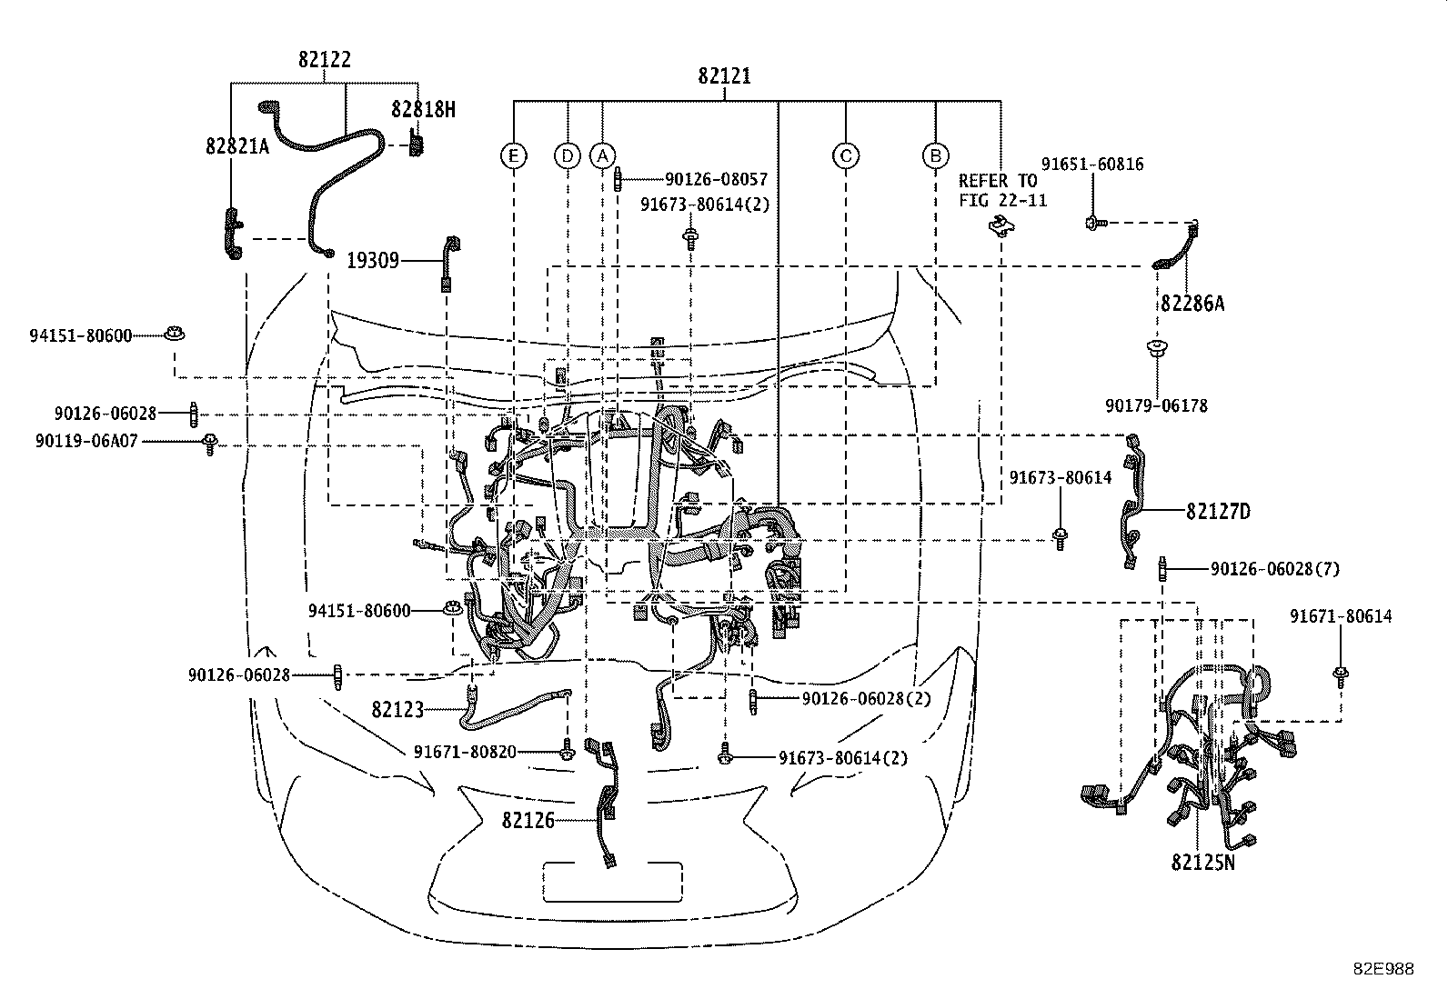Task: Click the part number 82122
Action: (x=325, y=59)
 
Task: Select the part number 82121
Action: (x=724, y=76)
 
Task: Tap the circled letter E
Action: (x=513, y=155)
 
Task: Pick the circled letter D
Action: (x=567, y=155)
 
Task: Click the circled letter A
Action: (x=602, y=155)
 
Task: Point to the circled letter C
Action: (x=846, y=155)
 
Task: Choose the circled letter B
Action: (x=935, y=155)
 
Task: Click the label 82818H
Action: (x=424, y=110)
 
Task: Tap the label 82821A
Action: (x=237, y=146)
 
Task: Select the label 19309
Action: (x=373, y=260)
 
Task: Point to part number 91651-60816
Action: (x=1092, y=165)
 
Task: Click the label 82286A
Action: (x=1192, y=303)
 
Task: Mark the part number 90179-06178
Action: (x=1156, y=405)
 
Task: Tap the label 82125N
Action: (x=1203, y=863)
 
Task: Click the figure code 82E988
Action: (x=1384, y=969)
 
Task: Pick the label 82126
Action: (x=528, y=821)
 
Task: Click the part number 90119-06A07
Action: (x=86, y=442)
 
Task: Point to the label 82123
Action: (x=397, y=710)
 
